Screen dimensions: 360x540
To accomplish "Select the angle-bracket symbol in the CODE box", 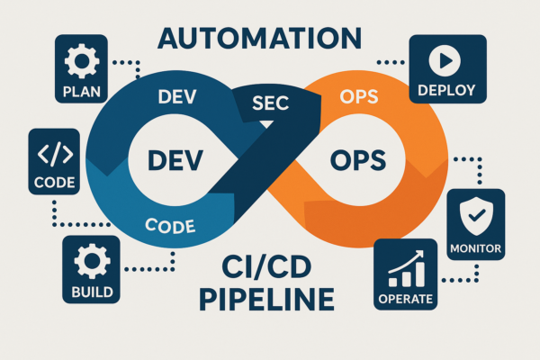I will tap(54, 153).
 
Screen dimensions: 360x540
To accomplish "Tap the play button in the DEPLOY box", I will tap(447, 60).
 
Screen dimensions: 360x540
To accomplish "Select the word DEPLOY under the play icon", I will tap(447, 90).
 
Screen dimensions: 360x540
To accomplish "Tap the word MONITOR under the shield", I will tap(474, 247).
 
